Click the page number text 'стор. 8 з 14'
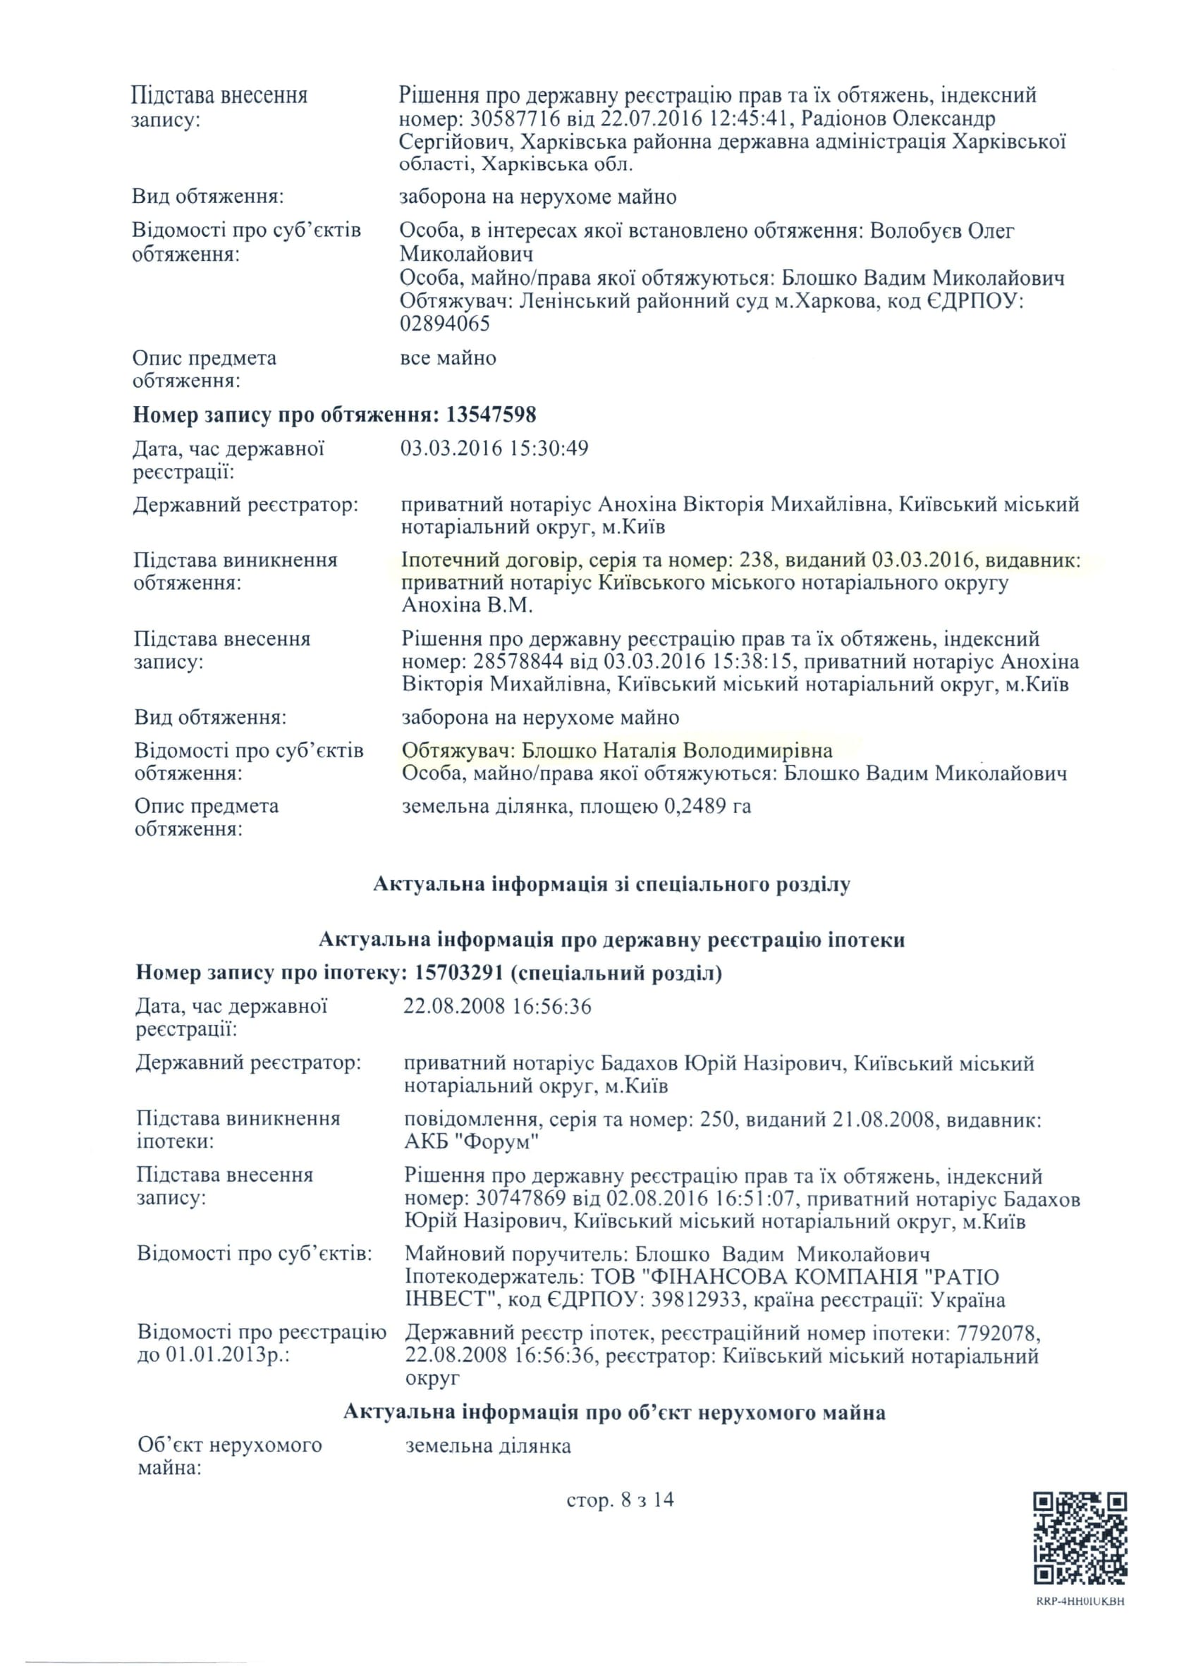click(x=620, y=1500)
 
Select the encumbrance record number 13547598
click(x=491, y=415)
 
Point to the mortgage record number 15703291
click(x=459, y=973)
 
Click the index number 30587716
click(x=516, y=118)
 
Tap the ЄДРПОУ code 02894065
click(x=444, y=324)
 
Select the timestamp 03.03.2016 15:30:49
click(x=494, y=448)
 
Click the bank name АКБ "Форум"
click(x=472, y=1141)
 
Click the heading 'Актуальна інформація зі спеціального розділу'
click(x=611, y=883)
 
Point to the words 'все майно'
click(x=447, y=358)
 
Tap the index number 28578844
click(x=518, y=661)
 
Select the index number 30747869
click(x=520, y=1199)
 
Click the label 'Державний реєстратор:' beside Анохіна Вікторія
click(x=245, y=505)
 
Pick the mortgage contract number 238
click(x=757, y=561)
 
